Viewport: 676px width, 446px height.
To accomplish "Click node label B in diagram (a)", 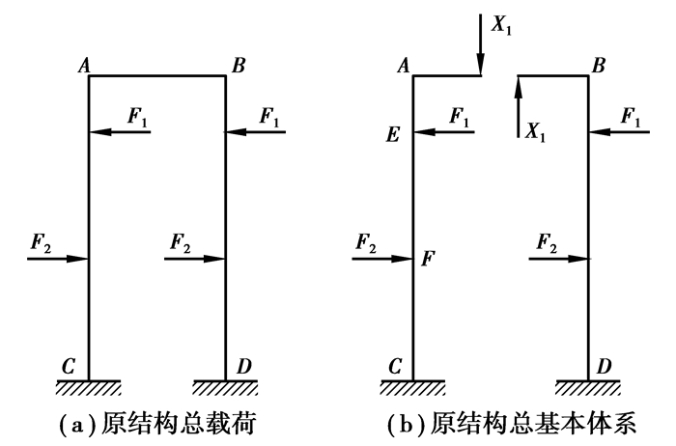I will [239, 65].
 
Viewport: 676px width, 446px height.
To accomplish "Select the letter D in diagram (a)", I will [243, 367].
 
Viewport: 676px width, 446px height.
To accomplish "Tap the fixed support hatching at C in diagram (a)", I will [88, 387].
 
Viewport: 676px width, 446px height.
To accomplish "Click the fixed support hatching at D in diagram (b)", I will [589, 387].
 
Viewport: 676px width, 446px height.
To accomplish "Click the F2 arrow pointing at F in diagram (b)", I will [384, 258].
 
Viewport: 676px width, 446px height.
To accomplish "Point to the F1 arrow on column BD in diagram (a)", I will [255, 131].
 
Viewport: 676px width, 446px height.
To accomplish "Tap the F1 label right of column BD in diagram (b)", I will [633, 115].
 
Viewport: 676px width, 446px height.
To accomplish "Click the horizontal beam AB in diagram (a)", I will [156, 76].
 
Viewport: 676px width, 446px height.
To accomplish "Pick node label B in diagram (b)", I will [599, 65].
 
